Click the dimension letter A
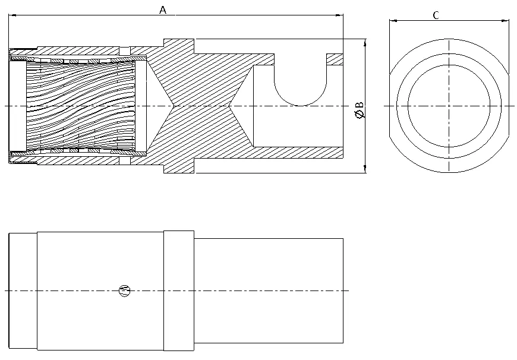coord(163,10)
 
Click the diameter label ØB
coord(360,110)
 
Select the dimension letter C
coord(436,15)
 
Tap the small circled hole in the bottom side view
coord(125,290)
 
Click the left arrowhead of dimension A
coord(12,15)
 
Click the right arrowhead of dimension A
coord(339,15)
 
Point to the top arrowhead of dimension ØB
coord(365,43)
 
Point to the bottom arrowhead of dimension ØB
coord(365,169)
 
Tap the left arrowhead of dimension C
coord(393,21)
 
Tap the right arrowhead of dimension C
coord(505,21)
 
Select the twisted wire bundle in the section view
coord(80,106)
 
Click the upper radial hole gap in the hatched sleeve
coord(125,51)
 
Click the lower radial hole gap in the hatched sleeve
coord(125,160)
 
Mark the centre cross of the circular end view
coord(449,106)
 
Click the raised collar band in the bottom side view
coord(179,290)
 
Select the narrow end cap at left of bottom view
coord(23,290)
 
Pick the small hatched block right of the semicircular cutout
coord(335,59)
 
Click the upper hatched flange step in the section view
coord(179,46)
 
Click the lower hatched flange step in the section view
coord(179,166)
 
